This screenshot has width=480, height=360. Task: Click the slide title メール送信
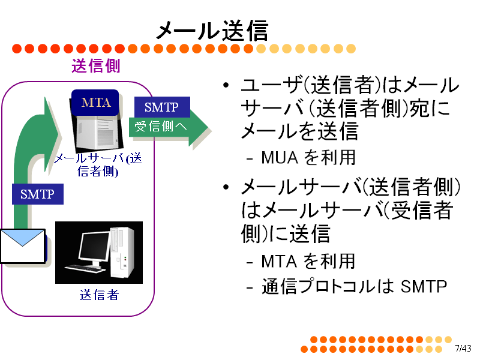click(212, 31)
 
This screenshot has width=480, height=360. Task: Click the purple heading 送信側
click(96, 66)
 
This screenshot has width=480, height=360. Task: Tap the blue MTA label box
click(95, 103)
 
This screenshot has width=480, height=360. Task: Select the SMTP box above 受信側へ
click(162, 107)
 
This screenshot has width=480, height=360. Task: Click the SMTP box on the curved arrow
click(38, 194)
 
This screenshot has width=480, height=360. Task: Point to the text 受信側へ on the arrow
click(161, 126)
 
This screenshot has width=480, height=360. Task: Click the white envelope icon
click(23, 246)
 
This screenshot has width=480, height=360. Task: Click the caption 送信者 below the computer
click(99, 295)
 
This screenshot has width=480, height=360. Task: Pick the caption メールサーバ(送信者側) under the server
click(98, 164)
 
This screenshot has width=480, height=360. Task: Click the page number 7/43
click(463, 349)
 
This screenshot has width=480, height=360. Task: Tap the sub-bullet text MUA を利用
click(308, 158)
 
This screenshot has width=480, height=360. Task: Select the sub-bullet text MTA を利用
click(308, 261)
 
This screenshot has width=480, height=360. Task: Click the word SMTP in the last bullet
click(424, 287)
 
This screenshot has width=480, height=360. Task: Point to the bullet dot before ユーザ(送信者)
click(226, 85)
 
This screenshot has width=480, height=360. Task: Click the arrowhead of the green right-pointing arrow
click(200, 128)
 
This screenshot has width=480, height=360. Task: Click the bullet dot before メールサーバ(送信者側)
click(226, 187)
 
